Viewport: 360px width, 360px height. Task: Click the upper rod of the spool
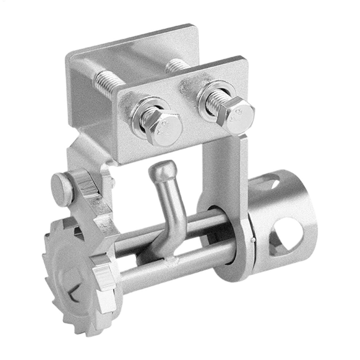[x=204, y=222]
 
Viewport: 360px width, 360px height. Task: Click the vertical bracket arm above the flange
[x=222, y=171]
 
